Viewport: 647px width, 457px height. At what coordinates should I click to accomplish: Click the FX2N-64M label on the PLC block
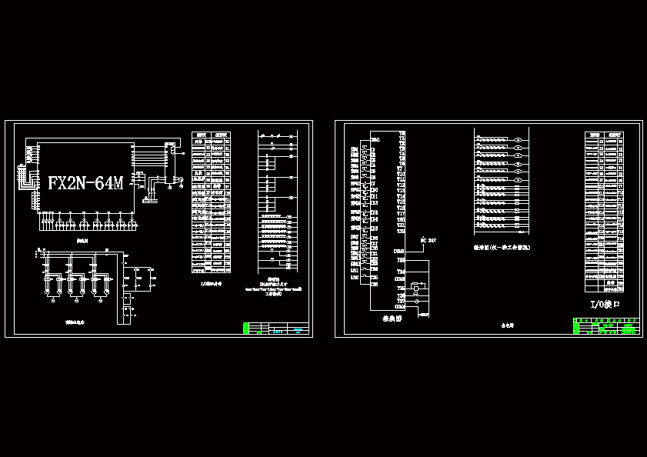[85, 183]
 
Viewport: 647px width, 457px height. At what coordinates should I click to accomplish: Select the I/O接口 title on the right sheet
[605, 305]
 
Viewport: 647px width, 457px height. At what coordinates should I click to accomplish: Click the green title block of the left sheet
[275, 329]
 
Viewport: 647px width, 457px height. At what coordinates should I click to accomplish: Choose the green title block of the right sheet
[607, 327]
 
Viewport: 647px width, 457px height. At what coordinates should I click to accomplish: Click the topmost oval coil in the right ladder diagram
[519, 141]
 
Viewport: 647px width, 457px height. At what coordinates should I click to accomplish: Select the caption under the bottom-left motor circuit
[75, 322]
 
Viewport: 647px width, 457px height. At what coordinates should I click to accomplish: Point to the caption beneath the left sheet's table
[210, 282]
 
